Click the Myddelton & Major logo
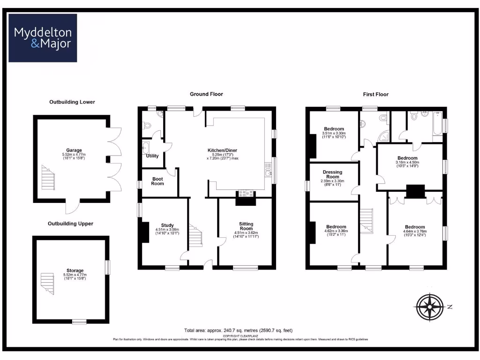point(43,38)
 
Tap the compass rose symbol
point(429,307)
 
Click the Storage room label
point(75,270)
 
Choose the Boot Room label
point(157,181)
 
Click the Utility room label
point(152,156)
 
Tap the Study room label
point(167,225)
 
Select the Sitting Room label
point(246,226)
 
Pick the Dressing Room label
point(333,174)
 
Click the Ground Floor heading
point(206,94)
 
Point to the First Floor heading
point(375,94)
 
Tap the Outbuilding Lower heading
point(72,102)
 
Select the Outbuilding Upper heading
point(70,224)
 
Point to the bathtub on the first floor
point(437,124)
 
